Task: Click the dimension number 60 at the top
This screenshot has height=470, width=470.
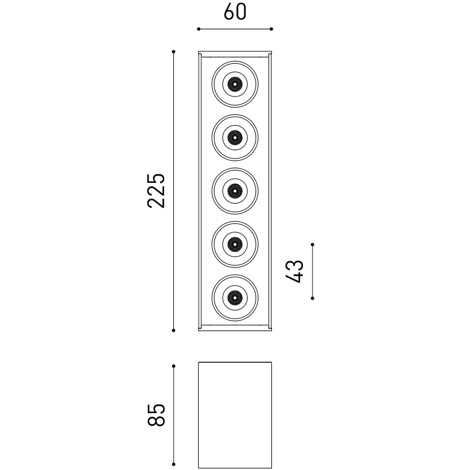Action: (x=235, y=12)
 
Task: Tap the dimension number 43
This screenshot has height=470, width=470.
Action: (x=295, y=271)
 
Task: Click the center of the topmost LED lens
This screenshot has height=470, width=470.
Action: (x=235, y=85)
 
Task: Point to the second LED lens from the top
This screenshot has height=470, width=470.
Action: (x=235, y=137)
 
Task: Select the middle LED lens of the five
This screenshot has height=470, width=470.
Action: (x=235, y=191)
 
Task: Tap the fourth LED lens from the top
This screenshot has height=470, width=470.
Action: (x=235, y=244)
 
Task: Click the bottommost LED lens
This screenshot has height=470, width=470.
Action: (x=235, y=297)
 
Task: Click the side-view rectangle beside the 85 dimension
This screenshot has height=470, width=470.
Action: (x=235, y=415)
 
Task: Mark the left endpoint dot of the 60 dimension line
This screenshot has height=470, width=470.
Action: (x=198, y=29)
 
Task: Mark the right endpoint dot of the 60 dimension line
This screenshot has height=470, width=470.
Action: (x=271, y=29)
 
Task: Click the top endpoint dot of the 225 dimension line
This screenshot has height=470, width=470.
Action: (x=174, y=52)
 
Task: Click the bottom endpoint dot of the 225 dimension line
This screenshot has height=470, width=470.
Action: (x=174, y=330)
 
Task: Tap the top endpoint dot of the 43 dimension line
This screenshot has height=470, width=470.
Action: (x=313, y=245)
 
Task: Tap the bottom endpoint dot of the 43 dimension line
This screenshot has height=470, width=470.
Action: (x=313, y=297)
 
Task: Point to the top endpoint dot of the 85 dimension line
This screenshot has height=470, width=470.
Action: (x=174, y=366)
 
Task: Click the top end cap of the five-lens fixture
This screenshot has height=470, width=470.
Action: (x=235, y=54)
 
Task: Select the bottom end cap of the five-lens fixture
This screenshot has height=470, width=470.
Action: (x=235, y=328)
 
